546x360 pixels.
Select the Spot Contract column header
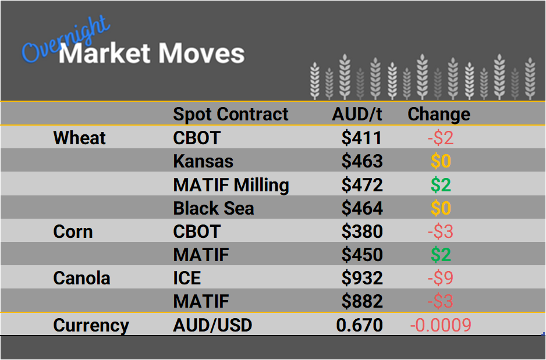pos(231,114)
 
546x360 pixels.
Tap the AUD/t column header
pos(356,114)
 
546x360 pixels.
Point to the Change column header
pos(439,114)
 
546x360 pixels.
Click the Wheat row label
pos(79,138)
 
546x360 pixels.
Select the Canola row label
pos(81,278)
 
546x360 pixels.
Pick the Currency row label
pos(91,325)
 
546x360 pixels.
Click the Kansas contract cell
pos(203,162)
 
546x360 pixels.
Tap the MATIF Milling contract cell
pos(231,185)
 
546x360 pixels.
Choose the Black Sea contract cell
pos(214,208)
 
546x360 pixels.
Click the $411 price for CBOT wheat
pos(361,138)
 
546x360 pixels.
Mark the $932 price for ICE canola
pos(361,278)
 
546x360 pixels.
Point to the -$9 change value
pos(440,278)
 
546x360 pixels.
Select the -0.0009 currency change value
pos(440,325)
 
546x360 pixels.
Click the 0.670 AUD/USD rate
pos(360,325)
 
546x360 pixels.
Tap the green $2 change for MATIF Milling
pos(441,185)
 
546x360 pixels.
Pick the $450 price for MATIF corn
pos(361,255)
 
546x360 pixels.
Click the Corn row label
pos(73,231)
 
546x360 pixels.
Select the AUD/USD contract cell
pos(212,325)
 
